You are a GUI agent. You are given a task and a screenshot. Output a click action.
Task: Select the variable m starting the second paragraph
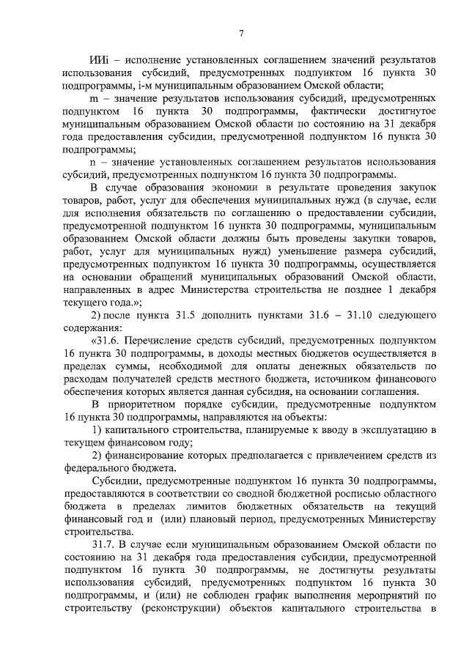click(x=94, y=97)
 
